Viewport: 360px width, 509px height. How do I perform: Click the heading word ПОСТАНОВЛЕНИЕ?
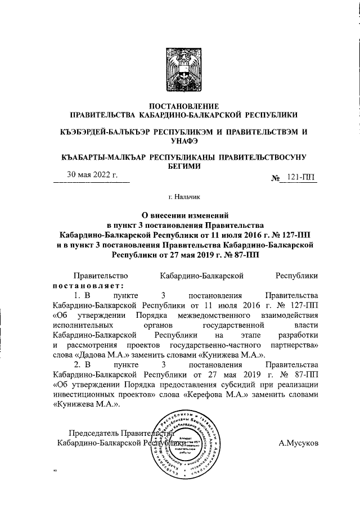pyautogui.click(x=179, y=106)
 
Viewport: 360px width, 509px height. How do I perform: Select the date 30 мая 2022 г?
pyautogui.click(x=92, y=175)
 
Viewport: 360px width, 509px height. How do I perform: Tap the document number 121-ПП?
pyautogui.click(x=301, y=178)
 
